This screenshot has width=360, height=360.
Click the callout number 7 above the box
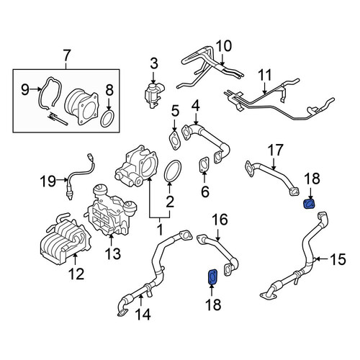66,56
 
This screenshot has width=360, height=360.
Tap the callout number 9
25,89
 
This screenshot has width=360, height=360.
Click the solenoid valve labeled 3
154,94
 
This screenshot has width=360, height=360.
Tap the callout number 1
160,230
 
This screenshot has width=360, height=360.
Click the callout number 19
48,181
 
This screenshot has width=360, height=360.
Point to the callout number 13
113,253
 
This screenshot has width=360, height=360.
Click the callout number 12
76,274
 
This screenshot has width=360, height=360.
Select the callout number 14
143,314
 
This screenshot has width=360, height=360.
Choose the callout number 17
275,150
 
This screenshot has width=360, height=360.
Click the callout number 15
338,259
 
